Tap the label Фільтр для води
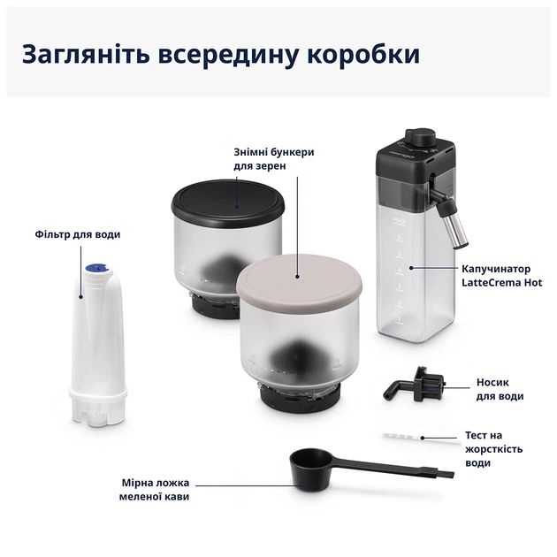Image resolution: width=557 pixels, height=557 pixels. pyautogui.click(x=79, y=234)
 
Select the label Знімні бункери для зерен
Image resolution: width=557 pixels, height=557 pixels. pyautogui.click(x=274, y=158)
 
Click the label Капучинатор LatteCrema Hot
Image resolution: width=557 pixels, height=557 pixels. pyautogui.click(x=501, y=275)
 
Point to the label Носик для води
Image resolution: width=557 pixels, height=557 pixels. pyautogui.click(x=500, y=390)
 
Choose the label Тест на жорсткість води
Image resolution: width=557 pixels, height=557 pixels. pyautogui.click(x=493, y=449)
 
